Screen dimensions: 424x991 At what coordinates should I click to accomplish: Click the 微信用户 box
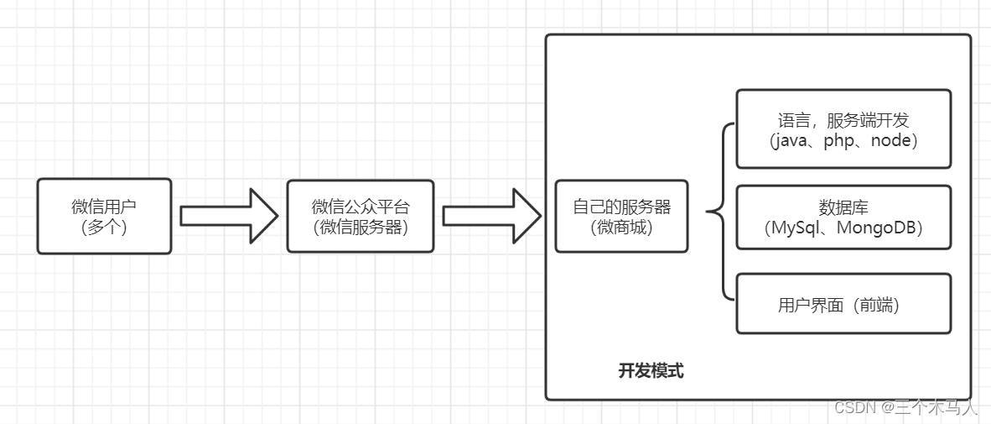[x=104, y=216]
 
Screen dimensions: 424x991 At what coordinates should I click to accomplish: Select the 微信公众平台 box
[x=361, y=216]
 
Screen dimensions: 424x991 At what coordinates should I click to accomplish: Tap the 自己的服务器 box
[x=621, y=216]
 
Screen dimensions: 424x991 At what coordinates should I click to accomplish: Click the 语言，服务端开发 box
[x=843, y=128]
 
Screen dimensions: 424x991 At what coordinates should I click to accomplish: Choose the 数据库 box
[x=843, y=217]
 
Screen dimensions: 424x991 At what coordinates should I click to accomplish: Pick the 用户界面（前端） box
[x=843, y=303]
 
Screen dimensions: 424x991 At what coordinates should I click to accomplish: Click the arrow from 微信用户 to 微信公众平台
[x=228, y=216]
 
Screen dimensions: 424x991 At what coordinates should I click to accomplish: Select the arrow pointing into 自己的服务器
[x=491, y=216]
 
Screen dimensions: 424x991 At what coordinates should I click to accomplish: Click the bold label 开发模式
[x=651, y=370]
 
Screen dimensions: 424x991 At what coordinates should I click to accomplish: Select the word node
[x=890, y=141]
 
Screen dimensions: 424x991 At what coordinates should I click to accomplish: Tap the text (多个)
[x=104, y=227]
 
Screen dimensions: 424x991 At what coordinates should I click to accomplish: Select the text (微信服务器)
[x=361, y=227]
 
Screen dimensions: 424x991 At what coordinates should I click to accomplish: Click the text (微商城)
[x=621, y=227]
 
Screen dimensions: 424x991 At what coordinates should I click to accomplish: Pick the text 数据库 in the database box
[x=843, y=207]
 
